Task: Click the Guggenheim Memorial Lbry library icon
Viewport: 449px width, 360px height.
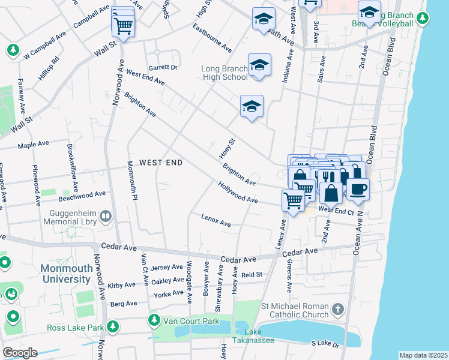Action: pos(106,215)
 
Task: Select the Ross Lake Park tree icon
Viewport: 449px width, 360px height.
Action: pos(112,327)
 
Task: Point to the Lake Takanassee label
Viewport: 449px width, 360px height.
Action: pos(253,336)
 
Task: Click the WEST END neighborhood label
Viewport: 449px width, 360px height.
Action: pos(161,163)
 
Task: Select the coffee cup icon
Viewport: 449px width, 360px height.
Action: pos(358,189)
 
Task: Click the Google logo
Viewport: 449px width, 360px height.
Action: pos(20,353)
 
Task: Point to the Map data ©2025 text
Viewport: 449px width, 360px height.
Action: pos(423,355)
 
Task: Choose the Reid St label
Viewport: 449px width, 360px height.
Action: pos(252,275)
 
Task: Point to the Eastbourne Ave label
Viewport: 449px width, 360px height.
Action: pos(212,38)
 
